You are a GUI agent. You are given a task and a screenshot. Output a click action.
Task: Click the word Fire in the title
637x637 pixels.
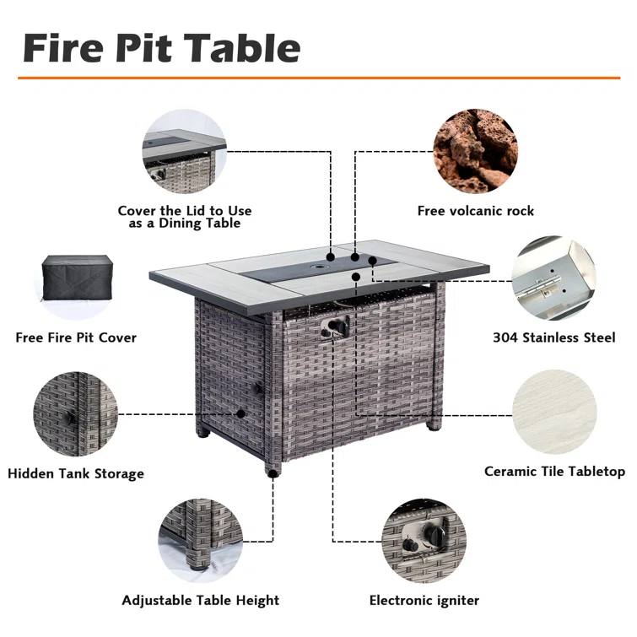pyautogui.click(x=63, y=48)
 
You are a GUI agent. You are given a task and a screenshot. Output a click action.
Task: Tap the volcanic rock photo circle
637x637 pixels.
pyautogui.click(x=475, y=151)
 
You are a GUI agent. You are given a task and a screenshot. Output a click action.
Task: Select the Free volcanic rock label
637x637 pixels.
pyautogui.click(x=476, y=211)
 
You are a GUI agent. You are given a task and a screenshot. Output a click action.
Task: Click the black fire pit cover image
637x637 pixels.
pyautogui.click(x=77, y=278)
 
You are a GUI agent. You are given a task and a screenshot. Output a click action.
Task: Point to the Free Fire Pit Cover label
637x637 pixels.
pyautogui.click(x=76, y=337)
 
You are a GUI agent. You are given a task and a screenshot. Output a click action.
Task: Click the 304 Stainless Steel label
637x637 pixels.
pyautogui.click(x=554, y=337)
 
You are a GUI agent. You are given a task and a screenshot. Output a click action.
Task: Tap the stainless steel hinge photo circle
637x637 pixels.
pyautogui.click(x=553, y=278)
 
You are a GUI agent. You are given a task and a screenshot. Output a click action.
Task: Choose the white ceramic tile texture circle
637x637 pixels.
pyautogui.click(x=554, y=412)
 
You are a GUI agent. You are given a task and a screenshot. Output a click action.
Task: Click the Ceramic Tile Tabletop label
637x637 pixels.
pyautogui.click(x=554, y=472)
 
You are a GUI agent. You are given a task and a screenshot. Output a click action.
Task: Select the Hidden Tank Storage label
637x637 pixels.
pyautogui.click(x=76, y=473)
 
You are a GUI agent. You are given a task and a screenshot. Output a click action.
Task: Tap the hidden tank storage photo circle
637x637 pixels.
pyautogui.click(x=76, y=414)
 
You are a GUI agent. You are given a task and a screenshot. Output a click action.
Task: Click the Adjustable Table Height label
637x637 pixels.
pyautogui.click(x=201, y=601)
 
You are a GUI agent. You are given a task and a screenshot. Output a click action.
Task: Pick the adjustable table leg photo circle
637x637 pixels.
pyautogui.click(x=201, y=541)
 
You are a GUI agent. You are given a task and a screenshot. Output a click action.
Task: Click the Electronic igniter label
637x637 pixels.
pyautogui.click(x=424, y=601)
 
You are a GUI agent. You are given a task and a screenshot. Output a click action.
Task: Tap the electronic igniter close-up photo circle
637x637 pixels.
pyautogui.click(x=424, y=541)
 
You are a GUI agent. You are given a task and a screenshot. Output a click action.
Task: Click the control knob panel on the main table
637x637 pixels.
pyautogui.click(x=335, y=327)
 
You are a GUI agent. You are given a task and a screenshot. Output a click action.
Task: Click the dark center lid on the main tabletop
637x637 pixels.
pyautogui.click(x=319, y=268)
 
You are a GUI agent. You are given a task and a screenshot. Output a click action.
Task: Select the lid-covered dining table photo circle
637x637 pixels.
pyautogui.click(x=185, y=152)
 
